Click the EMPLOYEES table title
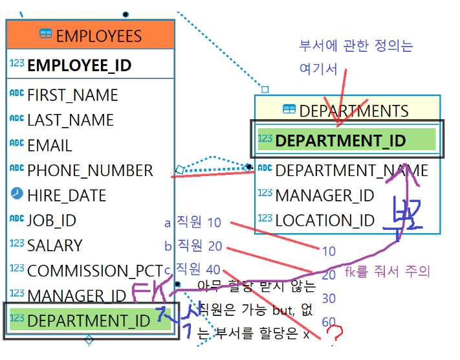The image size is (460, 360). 98,35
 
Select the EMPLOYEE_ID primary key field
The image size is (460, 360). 79,65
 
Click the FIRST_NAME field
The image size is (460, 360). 72,95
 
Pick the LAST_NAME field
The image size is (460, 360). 70,120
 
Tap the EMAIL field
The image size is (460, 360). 49,145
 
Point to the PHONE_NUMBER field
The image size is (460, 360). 90,170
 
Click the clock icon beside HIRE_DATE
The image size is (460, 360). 17,194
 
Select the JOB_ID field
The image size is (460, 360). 51,220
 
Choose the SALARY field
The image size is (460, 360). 54,245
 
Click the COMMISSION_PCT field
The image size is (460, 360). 94,271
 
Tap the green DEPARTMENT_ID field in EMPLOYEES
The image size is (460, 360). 88,320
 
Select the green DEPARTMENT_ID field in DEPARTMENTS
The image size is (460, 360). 340,141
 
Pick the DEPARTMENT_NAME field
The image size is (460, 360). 351,170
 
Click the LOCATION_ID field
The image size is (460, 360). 325,220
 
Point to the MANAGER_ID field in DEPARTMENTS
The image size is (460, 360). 324,195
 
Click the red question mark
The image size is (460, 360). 334,334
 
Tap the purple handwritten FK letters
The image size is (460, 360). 149,293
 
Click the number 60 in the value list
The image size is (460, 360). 329,322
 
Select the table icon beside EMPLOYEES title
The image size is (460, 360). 45,34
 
